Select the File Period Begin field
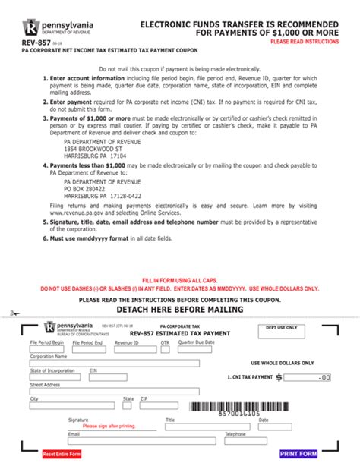click(48, 350)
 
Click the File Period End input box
click(88, 350)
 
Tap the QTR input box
click(165, 350)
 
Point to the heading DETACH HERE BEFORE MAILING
click(179, 310)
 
